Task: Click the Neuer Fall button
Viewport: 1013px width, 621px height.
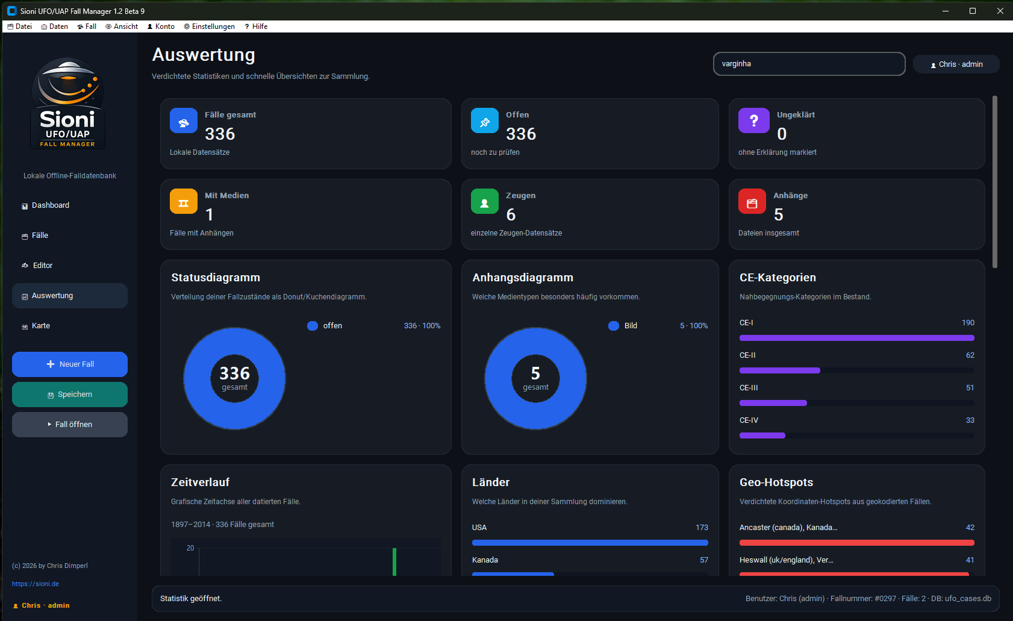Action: [x=70, y=364]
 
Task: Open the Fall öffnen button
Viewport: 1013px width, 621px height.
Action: [x=70, y=425]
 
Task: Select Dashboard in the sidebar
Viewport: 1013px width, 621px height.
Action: [x=51, y=205]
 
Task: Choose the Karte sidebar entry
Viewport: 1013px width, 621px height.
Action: [x=41, y=326]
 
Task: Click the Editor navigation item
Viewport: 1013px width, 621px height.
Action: [x=43, y=266]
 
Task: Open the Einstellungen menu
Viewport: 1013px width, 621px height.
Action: [x=209, y=27]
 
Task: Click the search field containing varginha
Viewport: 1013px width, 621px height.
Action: [x=809, y=64]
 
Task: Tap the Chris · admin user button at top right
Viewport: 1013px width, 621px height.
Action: [x=956, y=64]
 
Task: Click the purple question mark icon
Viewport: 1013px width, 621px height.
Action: [x=753, y=120]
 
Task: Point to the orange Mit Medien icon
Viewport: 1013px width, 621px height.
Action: [x=184, y=202]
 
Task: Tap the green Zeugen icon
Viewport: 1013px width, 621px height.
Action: [x=484, y=202]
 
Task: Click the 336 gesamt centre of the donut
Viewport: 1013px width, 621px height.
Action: [x=234, y=378]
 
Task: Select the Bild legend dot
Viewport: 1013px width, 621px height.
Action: [x=614, y=326]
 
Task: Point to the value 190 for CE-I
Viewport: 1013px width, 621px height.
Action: [x=968, y=323]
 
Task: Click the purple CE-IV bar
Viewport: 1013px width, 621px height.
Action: [x=762, y=435]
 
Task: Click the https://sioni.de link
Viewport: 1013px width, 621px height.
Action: [x=36, y=584]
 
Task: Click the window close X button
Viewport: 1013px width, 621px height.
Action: [x=1000, y=11]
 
